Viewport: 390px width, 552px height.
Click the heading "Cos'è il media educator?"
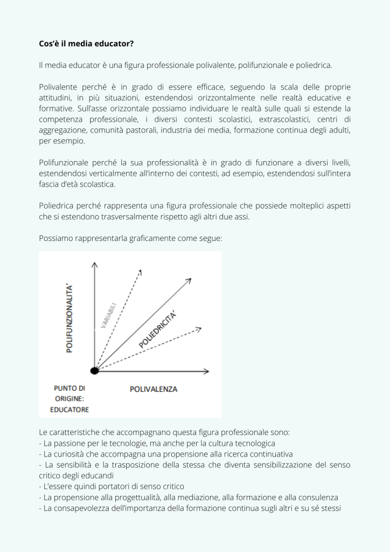86,44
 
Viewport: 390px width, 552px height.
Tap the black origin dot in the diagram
95,370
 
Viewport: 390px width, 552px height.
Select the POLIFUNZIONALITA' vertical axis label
69,318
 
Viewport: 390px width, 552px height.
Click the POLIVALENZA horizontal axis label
154,389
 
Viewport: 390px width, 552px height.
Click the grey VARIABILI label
109,315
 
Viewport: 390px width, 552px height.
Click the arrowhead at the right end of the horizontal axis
206,371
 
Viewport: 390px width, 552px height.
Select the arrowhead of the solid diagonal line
189,280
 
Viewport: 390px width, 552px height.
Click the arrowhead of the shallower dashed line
198,328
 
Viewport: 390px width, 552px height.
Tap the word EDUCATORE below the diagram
69,410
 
